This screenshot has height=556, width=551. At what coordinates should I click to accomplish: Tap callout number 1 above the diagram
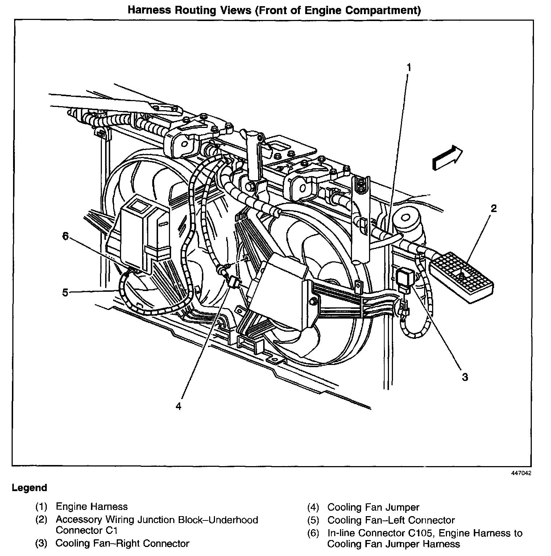pos(409,67)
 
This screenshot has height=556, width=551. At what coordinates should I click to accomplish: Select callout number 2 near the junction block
pos(493,209)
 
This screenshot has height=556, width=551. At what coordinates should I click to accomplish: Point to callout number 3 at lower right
pos(465,377)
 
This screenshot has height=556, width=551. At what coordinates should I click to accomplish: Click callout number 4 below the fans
pos(178,406)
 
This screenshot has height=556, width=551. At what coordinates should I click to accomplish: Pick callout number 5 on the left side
pos(65,292)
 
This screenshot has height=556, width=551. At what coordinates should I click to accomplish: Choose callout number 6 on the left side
pos(65,236)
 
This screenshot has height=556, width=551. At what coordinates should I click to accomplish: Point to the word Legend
pos(29,488)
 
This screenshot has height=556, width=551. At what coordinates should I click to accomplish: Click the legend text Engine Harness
pos(92,507)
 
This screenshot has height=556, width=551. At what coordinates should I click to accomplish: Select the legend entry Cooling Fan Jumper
pos(373,507)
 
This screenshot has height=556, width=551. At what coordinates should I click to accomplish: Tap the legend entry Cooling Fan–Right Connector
pos(123,544)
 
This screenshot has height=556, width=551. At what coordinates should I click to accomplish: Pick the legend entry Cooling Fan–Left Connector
pos(391,520)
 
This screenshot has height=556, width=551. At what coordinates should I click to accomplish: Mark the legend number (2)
pos(41,520)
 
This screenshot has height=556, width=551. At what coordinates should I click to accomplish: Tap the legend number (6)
pos(313,533)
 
